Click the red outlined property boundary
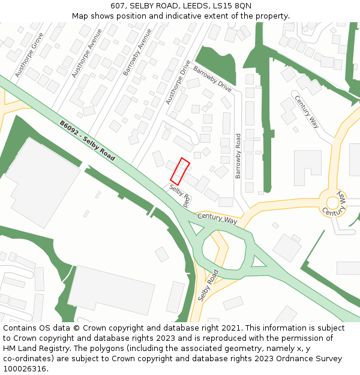pos(180,171)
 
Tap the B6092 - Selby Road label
pos(87,140)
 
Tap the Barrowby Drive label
pos(212,79)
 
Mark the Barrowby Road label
pos(238,156)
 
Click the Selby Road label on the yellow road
pos(208,285)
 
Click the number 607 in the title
pos(118,6)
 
